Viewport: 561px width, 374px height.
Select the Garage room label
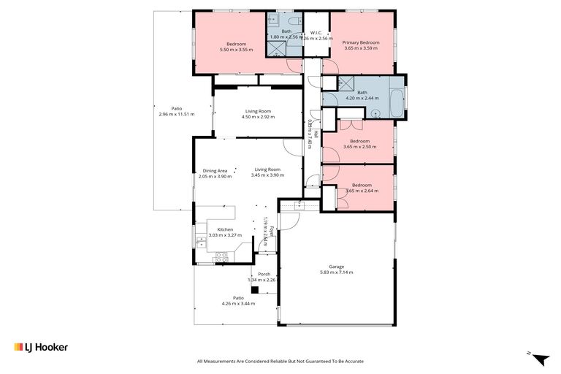(336, 267)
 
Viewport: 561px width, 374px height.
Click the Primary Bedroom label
(361, 43)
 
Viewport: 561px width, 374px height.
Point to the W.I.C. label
(316, 33)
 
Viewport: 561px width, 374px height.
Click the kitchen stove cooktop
(221, 256)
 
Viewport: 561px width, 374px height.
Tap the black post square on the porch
(255, 289)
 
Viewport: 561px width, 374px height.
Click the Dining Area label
(215, 170)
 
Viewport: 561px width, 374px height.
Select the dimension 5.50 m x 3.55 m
(236, 50)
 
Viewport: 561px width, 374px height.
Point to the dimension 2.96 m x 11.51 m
(176, 115)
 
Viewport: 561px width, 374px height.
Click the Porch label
(264, 274)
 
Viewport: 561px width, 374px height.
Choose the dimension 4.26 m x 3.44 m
(238, 303)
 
